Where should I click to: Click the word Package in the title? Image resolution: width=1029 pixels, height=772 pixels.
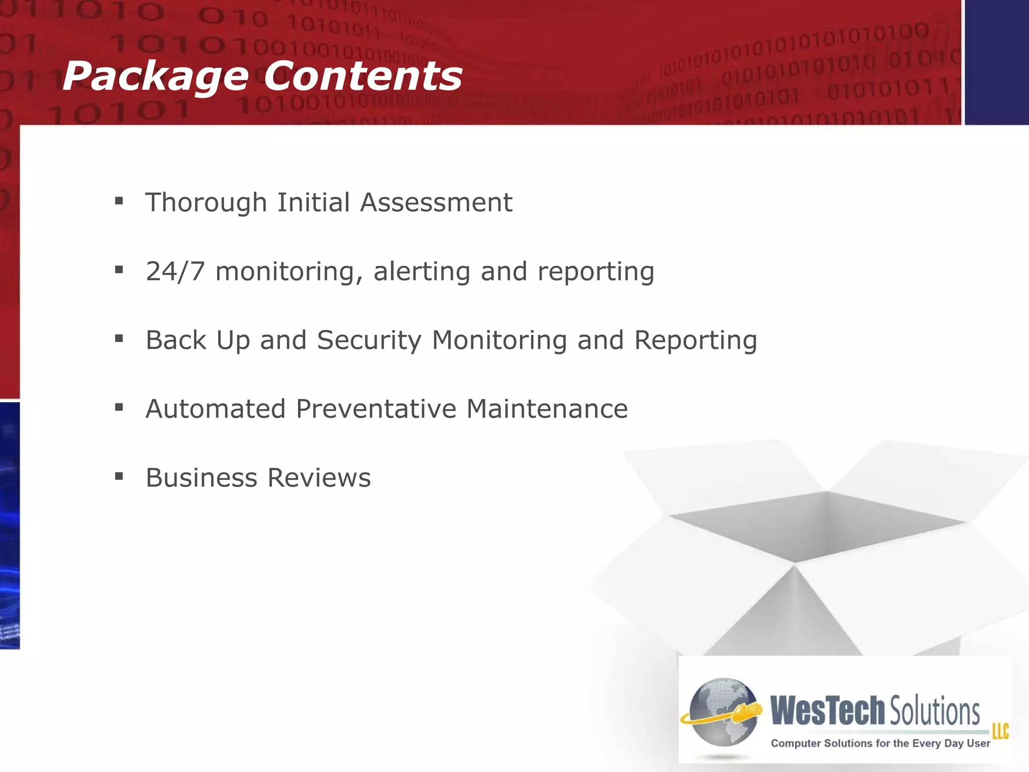click(155, 76)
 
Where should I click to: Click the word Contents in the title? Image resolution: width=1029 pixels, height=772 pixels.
click(362, 76)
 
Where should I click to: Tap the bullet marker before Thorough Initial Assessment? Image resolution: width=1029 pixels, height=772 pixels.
click(119, 202)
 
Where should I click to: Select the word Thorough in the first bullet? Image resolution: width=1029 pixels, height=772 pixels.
click(205, 203)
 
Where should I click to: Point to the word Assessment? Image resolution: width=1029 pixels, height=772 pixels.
click(436, 203)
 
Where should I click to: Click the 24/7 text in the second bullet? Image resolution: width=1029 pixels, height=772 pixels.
click(175, 272)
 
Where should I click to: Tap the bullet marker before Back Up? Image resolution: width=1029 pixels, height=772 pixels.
click(119, 339)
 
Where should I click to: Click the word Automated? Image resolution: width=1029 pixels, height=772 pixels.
click(215, 409)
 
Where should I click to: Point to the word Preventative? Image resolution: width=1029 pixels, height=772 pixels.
click(376, 409)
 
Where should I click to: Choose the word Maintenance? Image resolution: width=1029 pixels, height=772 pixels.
click(547, 409)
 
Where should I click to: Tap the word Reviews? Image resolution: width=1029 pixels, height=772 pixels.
click(319, 477)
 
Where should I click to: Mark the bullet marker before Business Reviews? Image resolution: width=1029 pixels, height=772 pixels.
click(119, 476)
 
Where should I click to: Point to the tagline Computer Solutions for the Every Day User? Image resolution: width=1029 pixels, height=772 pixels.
click(880, 743)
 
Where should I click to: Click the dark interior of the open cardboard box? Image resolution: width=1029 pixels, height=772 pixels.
click(819, 528)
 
